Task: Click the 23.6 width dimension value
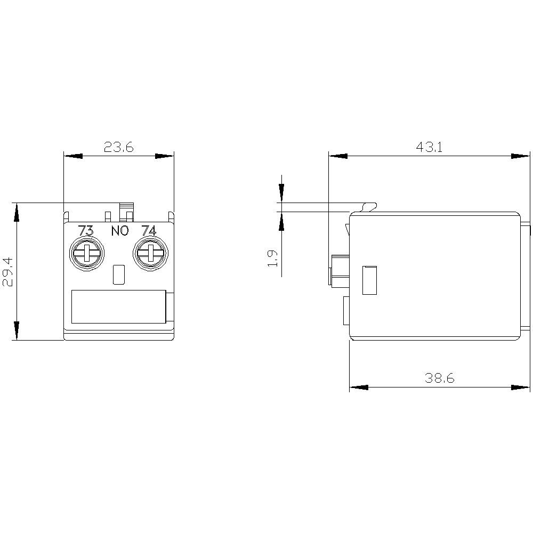tap(118, 147)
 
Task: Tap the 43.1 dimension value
tap(429, 147)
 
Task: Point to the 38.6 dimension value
tap(439, 378)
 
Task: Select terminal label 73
tap(86, 231)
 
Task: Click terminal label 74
tap(148, 231)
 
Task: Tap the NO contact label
tap(119, 231)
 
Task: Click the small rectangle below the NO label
tap(119, 274)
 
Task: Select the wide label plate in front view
tap(118, 306)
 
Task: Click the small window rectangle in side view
tap(369, 280)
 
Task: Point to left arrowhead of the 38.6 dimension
tap(359, 387)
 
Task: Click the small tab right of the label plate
tap(170, 306)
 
